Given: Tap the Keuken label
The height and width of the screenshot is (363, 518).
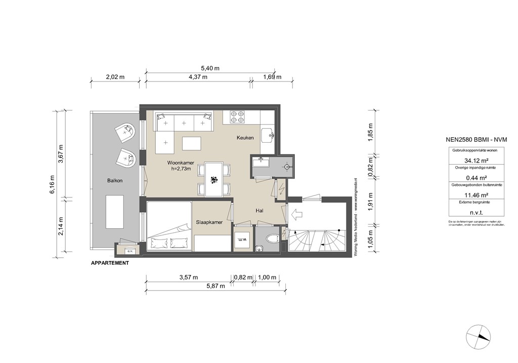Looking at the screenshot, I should pos(245,138).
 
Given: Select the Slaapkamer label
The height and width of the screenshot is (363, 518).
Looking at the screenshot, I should pos(210,222).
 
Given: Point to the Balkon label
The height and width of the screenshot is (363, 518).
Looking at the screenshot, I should pos(115,180).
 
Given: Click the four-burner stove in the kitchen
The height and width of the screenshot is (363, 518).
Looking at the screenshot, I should pos(237,117).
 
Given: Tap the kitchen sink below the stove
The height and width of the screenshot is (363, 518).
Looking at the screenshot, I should pos(268,134).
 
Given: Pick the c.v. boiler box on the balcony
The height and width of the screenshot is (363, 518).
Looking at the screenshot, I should pos(129,250).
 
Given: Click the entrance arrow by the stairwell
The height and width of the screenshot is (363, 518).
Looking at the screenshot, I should pos(295,215).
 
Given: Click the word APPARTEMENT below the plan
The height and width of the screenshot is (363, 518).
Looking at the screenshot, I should pos(109,263).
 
